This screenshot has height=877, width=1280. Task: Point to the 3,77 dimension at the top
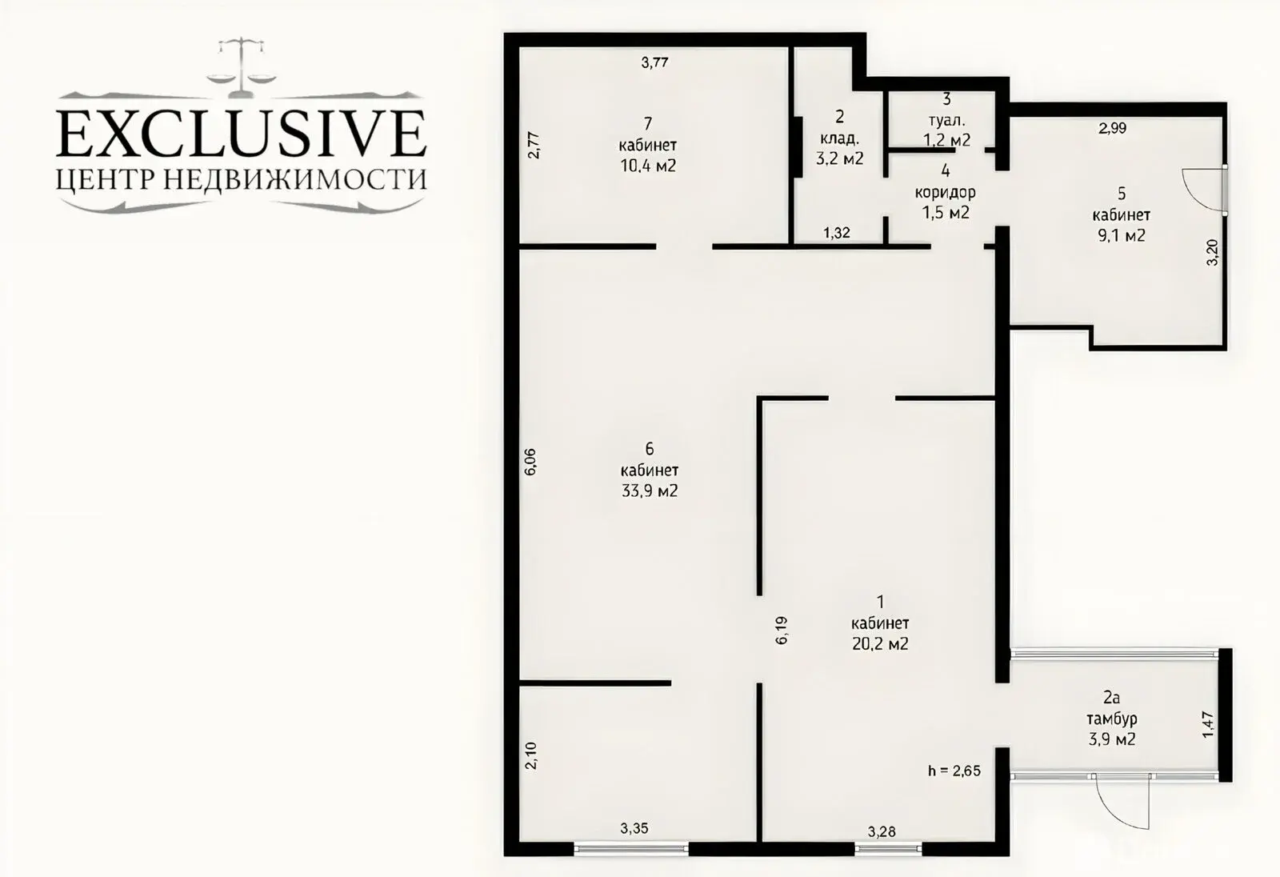(x=654, y=62)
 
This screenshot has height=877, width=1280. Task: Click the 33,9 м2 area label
(x=650, y=491)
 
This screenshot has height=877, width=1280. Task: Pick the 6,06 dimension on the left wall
(x=530, y=462)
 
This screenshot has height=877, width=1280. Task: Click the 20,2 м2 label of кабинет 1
(x=880, y=644)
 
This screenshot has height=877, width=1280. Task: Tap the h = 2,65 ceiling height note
(x=954, y=771)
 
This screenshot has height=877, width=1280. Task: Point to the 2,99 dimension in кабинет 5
(x=1112, y=128)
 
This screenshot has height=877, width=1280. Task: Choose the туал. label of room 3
(x=947, y=120)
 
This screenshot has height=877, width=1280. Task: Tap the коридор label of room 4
(x=946, y=193)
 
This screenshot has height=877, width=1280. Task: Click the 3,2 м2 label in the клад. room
(x=839, y=158)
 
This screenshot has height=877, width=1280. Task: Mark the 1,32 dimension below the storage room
(x=837, y=234)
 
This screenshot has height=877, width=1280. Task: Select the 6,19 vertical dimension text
(x=782, y=630)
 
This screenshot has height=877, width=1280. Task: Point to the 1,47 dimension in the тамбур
(x=1208, y=726)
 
